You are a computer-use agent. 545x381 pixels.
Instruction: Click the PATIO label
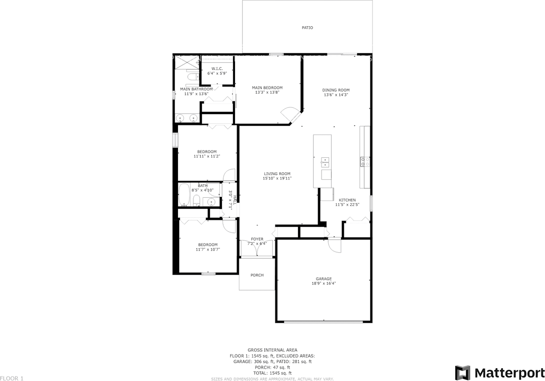coord(307,28)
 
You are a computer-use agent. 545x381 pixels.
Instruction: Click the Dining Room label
coord(336,90)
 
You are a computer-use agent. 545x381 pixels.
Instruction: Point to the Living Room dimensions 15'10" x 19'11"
coord(277,179)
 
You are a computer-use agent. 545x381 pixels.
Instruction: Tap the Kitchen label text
coord(347,200)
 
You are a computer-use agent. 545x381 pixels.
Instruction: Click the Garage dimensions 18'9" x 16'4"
coord(324,283)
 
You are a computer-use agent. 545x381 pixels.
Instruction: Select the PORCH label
coord(257,275)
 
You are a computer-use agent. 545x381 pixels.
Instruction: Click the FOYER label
coord(257,239)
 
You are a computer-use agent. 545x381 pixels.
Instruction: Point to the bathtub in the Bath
coord(184,195)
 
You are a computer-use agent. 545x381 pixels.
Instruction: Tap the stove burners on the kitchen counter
coord(365,161)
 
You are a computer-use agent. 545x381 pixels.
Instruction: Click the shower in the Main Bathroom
coord(186,63)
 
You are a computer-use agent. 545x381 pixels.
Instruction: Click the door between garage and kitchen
coord(335,245)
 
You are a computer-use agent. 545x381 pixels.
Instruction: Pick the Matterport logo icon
coord(462,372)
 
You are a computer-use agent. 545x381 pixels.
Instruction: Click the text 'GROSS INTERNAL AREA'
coord(272,350)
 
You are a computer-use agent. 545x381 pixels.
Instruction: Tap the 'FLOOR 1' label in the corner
coord(12,378)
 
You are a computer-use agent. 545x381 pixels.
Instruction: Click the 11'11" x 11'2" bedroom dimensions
coord(207,156)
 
